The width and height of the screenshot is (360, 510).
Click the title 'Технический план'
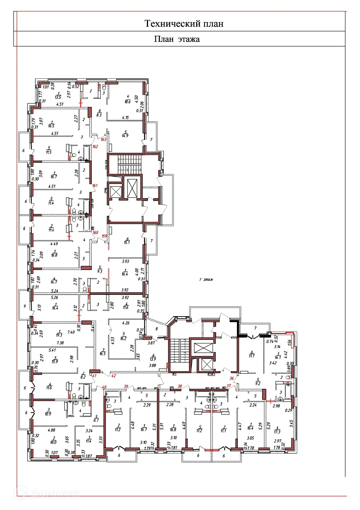(x=184, y=24)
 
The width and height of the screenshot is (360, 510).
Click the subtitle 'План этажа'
(x=177, y=39)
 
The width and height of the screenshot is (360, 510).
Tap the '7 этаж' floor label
(x=206, y=280)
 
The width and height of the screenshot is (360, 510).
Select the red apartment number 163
(x=103, y=139)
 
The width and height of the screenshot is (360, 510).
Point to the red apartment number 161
(x=95, y=185)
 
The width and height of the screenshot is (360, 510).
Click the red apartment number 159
(x=104, y=236)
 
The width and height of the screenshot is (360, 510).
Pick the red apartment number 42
(x=114, y=376)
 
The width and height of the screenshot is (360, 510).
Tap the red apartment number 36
(x=232, y=378)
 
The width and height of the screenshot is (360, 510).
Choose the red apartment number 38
(x=180, y=386)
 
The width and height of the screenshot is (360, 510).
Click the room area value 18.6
(x=127, y=102)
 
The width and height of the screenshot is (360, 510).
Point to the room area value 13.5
(x=58, y=97)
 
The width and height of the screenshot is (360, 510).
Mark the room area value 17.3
(x=277, y=432)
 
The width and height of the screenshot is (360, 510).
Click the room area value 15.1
(x=127, y=242)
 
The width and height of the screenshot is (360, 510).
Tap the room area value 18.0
(x=53, y=442)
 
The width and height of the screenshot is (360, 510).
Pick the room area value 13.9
(x=153, y=359)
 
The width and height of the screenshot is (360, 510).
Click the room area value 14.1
(x=278, y=358)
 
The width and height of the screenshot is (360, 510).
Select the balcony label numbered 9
(x=25, y=306)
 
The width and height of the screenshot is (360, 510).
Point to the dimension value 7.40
(x=71, y=332)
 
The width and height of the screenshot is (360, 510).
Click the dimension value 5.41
(x=52, y=350)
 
